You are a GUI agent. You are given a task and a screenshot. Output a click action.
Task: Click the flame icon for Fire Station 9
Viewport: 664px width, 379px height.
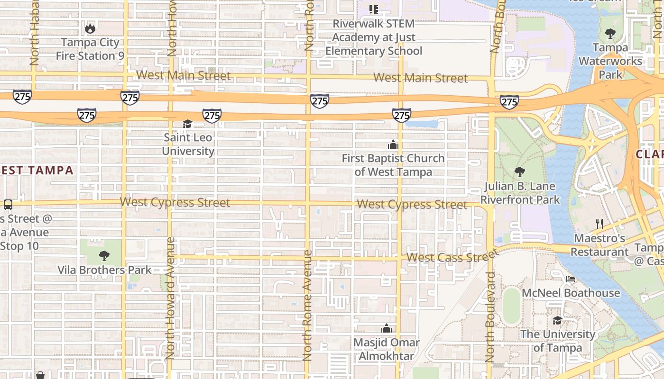(90, 29)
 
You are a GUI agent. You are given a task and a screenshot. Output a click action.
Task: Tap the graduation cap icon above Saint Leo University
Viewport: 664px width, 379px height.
(188, 124)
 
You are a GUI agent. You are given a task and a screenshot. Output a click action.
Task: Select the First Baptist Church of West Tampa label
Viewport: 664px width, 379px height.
(393, 165)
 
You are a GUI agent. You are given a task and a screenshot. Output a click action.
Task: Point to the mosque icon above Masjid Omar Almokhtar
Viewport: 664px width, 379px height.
(387, 328)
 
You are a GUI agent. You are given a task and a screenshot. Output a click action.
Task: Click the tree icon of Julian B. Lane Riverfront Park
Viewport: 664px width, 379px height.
(520, 171)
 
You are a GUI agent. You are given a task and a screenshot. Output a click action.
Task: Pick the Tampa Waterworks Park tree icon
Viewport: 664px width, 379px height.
(610, 33)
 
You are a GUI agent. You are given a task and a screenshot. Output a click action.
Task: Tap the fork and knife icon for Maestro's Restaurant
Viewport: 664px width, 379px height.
(599, 224)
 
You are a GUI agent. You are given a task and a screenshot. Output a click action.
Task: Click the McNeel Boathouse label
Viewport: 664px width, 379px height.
(571, 293)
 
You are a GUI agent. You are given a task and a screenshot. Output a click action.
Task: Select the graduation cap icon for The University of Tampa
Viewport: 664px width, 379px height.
(557, 321)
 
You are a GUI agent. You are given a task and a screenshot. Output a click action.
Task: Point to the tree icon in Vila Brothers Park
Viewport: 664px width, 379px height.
(104, 256)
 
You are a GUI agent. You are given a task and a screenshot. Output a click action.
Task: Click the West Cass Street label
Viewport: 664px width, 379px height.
(447, 257)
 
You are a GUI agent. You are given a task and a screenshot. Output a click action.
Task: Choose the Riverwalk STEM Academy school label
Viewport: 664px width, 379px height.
(374, 37)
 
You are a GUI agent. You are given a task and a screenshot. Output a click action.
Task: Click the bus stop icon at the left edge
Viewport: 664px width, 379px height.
(8, 205)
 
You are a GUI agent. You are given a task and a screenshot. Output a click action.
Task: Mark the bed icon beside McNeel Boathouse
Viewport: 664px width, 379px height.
(571, 279)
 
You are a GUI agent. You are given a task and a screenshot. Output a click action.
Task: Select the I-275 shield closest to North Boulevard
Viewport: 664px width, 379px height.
(509, 101)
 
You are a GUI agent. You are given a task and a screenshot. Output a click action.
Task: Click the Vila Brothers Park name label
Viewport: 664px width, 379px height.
(104, 270)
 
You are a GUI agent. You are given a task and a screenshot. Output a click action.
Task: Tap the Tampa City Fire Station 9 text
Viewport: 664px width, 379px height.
(90, 49)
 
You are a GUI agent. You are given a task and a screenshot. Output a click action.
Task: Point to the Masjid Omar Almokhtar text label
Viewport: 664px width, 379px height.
(387, 349)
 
